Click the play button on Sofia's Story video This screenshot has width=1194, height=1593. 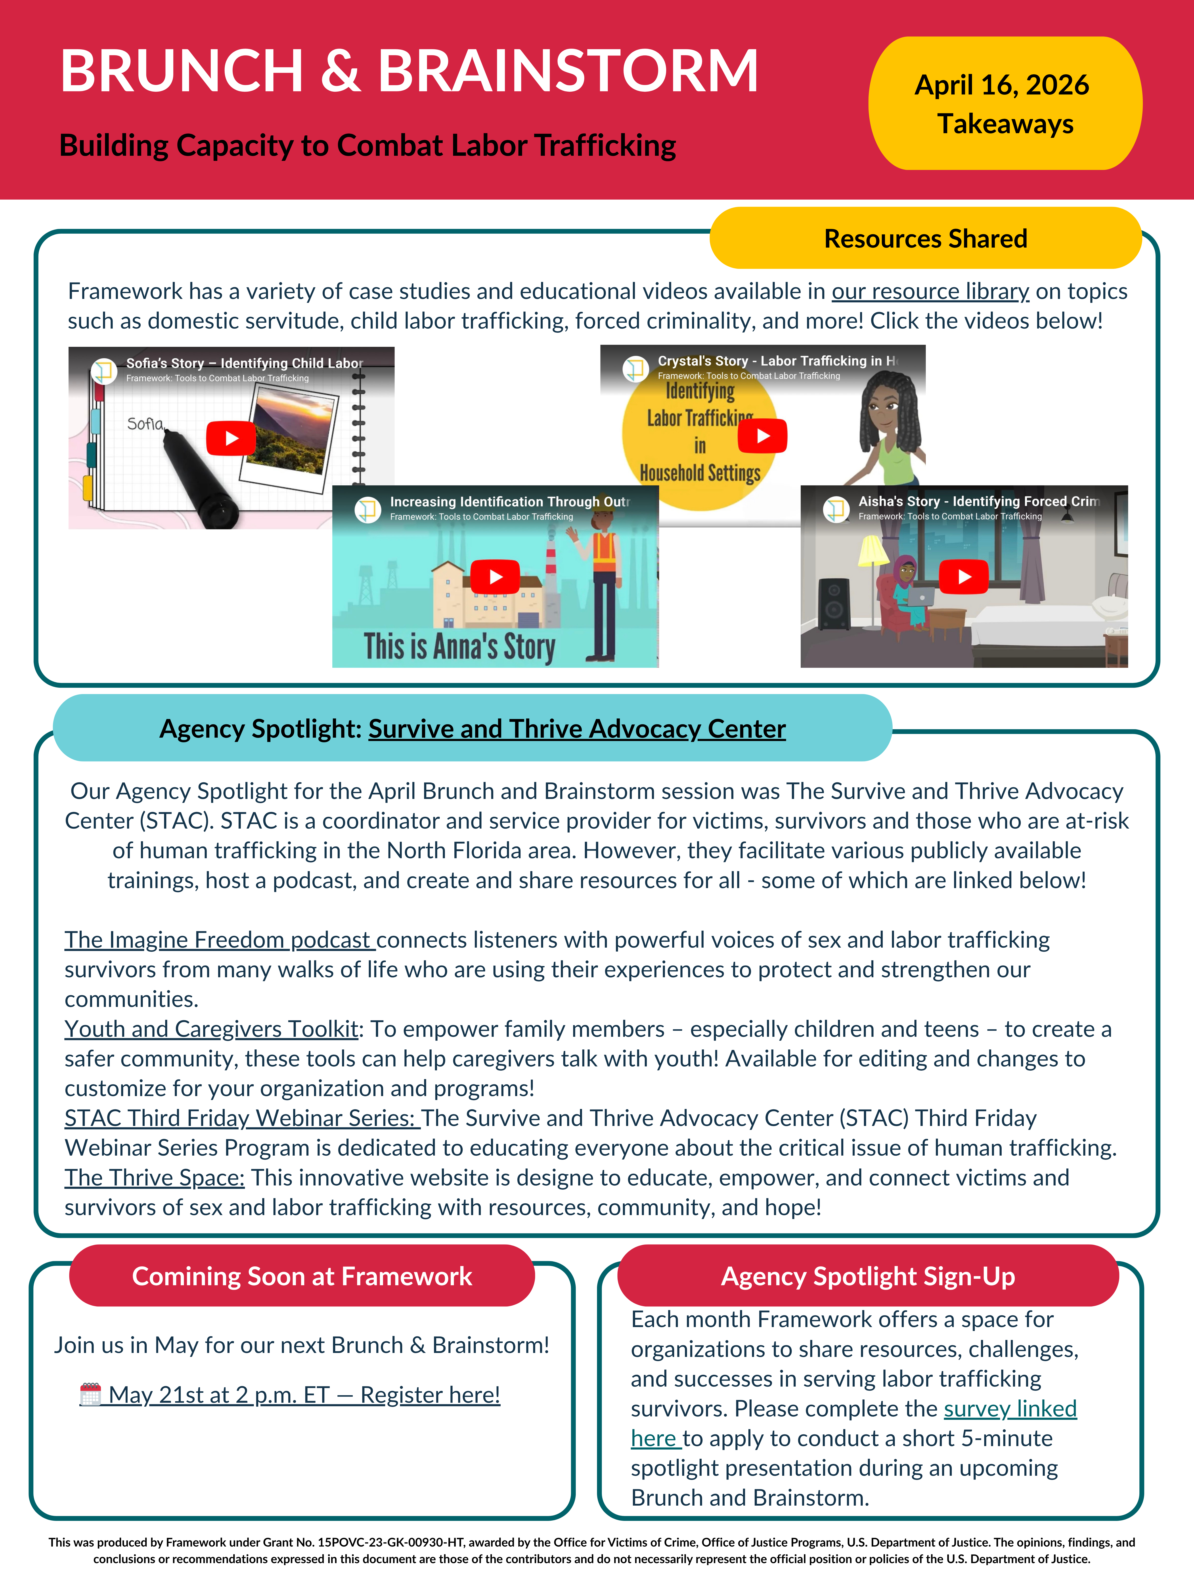coord(231,438)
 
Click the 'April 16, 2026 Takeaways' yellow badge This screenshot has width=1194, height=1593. coord(1005,104)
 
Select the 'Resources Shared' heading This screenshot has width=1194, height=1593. coord(926,238)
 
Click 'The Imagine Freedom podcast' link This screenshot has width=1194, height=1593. coord(220,940)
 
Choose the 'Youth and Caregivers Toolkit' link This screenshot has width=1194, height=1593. coord(212,1029)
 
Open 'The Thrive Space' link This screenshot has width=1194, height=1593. coord(155,1177)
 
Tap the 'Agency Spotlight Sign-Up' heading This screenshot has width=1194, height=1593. coord(868,1276)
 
